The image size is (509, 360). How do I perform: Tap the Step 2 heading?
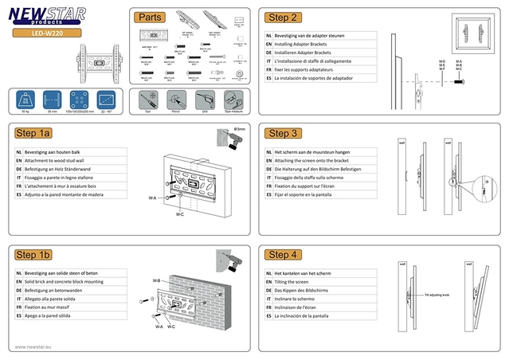(284, 17)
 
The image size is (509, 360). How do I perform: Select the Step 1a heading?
(34, 133)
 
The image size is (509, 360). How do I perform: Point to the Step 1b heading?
(34, 254)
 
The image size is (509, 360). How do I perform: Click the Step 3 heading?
(284, 133)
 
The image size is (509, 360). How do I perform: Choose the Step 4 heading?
(284, 254)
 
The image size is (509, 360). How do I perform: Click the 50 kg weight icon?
(24, 100)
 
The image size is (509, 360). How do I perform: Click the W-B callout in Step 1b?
(156, 281)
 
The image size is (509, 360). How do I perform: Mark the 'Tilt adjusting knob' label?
(442, 294)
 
